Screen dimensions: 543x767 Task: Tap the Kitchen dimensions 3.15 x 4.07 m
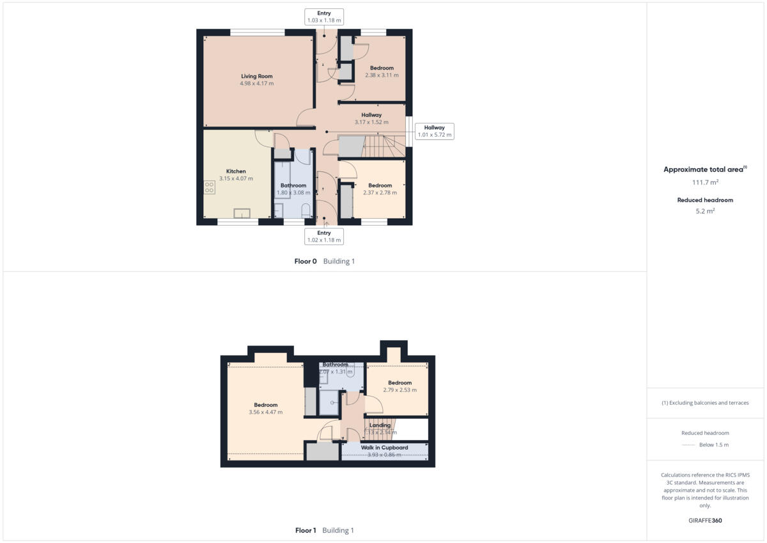pyautogui.click(x=236, y=178)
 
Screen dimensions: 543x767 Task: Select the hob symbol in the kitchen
pyautogui.click(x=209, y=187)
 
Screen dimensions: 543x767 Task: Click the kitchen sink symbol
pyautogui.click(x=242, y=213)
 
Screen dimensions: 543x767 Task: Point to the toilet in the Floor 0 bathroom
pyautogui.click(x=306, y=210)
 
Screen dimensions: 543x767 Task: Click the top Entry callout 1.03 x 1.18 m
pyautogui.click(x=324, y=17)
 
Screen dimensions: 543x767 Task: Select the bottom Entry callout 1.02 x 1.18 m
pyautogui.click(x=324, y=237)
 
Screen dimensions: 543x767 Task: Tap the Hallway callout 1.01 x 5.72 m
pyautogui.click(x=434, y=131)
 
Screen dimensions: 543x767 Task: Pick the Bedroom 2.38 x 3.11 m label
pyautogui.click(x=382, y=71)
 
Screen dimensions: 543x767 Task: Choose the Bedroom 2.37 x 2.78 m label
pyautogui.click(x=380, y=189)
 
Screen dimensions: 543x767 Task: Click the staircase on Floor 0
pyautogui.click(x=382, y=146)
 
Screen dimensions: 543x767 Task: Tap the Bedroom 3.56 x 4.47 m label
pyautogui.click(x=265, y=408)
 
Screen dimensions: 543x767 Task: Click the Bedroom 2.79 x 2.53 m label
pyautogui.click(x=399, y=386)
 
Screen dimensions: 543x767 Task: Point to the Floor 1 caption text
pyautogui.click(x=324, y=530)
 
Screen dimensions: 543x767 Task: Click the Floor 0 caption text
pyautogui.click(x=324, y=261)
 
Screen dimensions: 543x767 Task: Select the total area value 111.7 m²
pyautogui.click(x=705, y=182)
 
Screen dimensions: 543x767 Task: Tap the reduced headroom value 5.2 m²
pyautogui.click(x=705, y=210)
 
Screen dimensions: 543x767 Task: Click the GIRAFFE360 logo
pyautogui.click(x=705, y=521)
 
